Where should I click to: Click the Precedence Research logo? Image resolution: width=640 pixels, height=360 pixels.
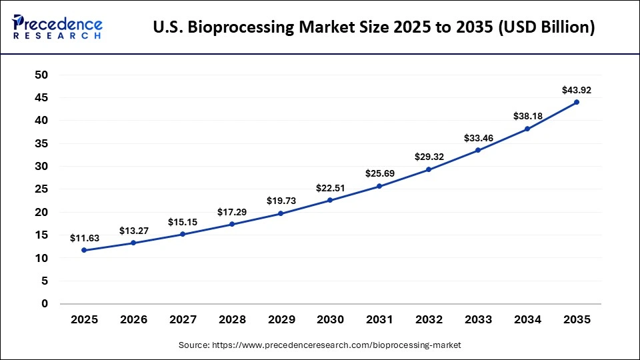tap(57, 27)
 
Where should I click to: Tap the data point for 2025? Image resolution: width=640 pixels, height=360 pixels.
tap(84, 250)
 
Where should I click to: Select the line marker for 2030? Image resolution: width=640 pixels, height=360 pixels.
tap(330, 200)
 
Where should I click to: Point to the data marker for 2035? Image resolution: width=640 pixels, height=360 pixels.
tap(577, 102)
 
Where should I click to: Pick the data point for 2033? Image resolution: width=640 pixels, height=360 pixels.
tap(478, 150)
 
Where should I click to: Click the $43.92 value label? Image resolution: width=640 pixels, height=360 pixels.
tap(577, 90)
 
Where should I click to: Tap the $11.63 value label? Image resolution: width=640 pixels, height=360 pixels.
tap(84, 238)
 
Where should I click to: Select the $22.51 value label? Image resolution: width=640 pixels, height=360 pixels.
tap(330, 188)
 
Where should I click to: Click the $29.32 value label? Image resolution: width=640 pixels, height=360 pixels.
tap(429, 157)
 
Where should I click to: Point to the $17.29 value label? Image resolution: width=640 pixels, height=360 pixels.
tap(231, 212)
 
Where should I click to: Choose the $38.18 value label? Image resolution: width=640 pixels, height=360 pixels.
tap(527, 116)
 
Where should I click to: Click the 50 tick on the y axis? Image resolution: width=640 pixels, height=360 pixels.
tap(41, 75)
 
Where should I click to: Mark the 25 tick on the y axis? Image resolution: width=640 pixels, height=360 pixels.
tap(41, 189)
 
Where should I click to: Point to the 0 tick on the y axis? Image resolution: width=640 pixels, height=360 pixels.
tap(45, 304)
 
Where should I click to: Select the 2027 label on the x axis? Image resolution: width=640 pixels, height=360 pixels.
tap(182, 320)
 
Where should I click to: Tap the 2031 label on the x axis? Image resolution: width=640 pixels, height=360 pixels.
tap(379, 320)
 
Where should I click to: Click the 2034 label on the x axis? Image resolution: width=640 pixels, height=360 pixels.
tap(527, 320)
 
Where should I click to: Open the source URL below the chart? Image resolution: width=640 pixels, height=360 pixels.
tap(336, 345)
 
